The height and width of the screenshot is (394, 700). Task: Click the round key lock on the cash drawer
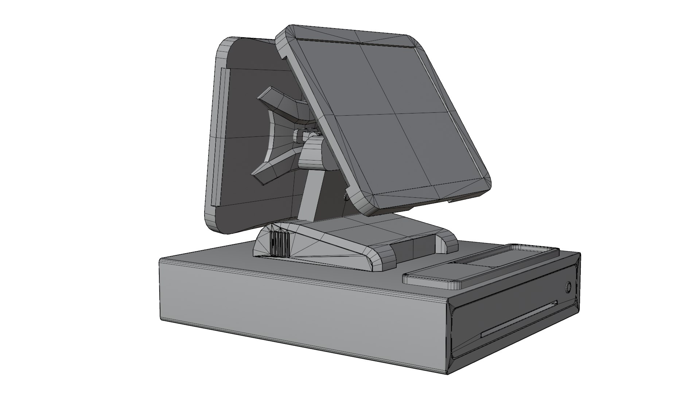pyautogui.click(x=568, y=287)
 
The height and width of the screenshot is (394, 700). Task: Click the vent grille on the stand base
pyautogui.click(x=280, y=244)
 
